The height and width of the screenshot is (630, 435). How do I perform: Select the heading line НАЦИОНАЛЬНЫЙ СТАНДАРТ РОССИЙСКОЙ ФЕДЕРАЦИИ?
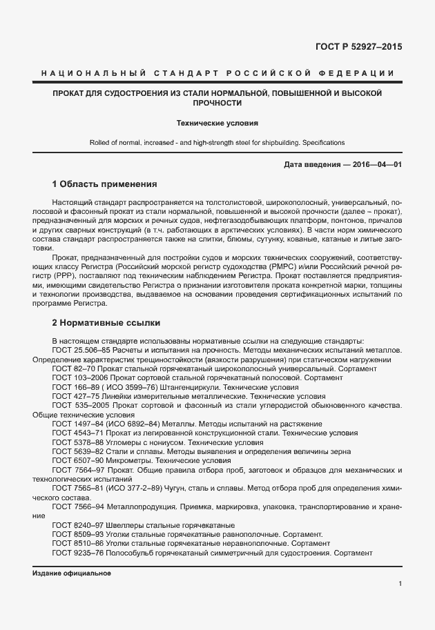click(217, 73)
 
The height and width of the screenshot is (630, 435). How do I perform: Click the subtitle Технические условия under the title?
click(217, 124)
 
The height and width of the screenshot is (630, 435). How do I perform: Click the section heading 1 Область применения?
click(105, 185)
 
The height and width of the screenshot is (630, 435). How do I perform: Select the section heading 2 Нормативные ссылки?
click(106, 323)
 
